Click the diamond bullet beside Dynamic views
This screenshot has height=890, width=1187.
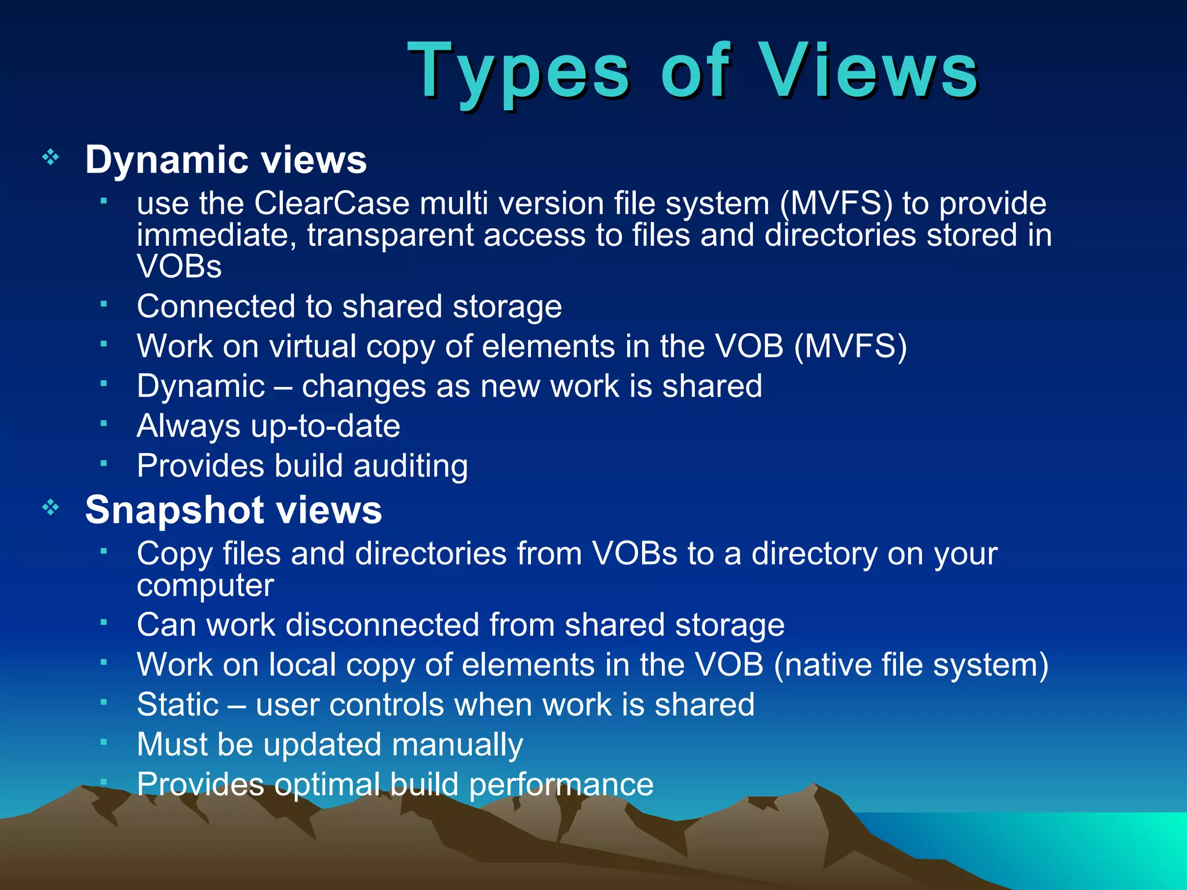[51, 157]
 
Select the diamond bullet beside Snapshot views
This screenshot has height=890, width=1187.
[51, 508]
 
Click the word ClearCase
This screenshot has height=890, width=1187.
[332, 203]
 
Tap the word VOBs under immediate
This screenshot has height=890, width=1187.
[179, 267]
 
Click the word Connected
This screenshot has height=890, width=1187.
[215, 306]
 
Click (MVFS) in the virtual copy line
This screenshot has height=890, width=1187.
[850, 346]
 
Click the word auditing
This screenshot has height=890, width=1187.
[410, 466]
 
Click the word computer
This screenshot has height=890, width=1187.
[205, 585]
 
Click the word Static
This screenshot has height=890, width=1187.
[178, 705]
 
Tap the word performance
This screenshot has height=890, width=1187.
[560, 785]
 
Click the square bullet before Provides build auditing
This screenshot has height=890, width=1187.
[104, 463]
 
